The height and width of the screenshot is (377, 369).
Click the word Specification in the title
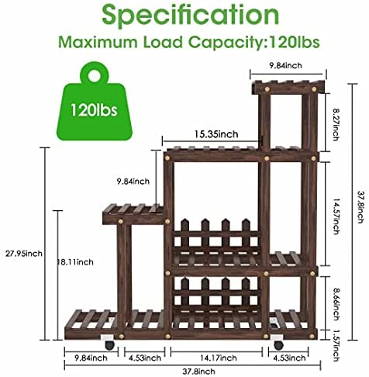point(191,15)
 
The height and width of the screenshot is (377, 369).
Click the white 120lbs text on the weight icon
point(94,110)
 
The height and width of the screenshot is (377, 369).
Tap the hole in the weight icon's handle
point(95,76)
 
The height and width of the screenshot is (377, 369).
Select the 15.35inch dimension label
point(216,134)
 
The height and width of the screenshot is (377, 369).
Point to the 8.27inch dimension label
point(336,125)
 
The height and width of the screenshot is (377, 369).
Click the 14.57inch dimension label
point(336,216)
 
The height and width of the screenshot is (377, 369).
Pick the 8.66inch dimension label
point(336,305)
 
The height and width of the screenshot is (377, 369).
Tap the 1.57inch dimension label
point(336,346)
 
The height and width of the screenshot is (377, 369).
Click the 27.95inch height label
point(24,254)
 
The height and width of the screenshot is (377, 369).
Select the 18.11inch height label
point(75,262)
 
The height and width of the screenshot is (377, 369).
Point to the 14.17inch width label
point(219,358)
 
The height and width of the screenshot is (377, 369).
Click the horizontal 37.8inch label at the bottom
point(198,372)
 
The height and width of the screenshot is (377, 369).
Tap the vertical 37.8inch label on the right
point(360,207)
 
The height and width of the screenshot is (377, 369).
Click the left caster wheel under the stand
point(109,345)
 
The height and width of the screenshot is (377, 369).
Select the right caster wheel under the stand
point(278,345)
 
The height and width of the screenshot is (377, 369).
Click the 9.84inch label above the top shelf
point(285,65)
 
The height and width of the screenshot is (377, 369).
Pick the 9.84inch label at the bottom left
point(91,358)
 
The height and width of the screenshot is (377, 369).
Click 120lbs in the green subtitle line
point(295,42)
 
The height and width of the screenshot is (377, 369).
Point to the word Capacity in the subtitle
point(225,43)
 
